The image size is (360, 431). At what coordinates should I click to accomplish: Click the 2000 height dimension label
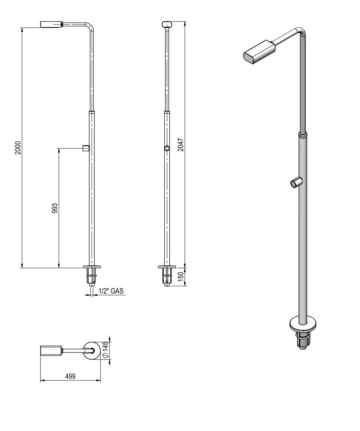click(x=18, y=147)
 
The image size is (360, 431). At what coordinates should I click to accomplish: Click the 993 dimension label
click(x=55, y=208)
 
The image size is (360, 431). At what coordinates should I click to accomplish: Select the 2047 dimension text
click(x=181, y=144)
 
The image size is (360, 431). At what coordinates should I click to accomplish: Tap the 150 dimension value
click(x=181, y=277)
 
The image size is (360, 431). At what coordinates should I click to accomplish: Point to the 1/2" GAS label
click(x=111, y=291)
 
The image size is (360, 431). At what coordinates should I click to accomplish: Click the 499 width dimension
click(x=70, y=376)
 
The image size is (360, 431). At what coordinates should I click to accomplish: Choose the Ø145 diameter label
click(x=105, y=350)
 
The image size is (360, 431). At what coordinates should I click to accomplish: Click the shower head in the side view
click(x=52, y=24)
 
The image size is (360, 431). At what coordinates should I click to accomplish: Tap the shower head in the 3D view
click(x=259, y=52)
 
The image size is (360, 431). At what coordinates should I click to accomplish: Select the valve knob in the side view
click(x=86, y=148)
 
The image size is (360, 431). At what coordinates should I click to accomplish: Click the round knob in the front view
click(x=167, y=148)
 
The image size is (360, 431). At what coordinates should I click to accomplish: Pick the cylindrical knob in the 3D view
click(x=295, y=183)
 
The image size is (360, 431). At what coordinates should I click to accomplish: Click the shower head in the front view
click(x=167, y=24)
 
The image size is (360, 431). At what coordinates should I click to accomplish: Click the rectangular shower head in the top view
click(x=51, y=351)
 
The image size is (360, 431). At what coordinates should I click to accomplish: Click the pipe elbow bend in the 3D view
click(x=302, y=32)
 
